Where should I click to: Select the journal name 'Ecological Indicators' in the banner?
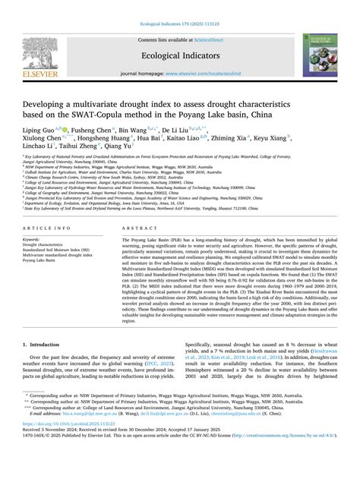pyautogui.click(x=180, y=54)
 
